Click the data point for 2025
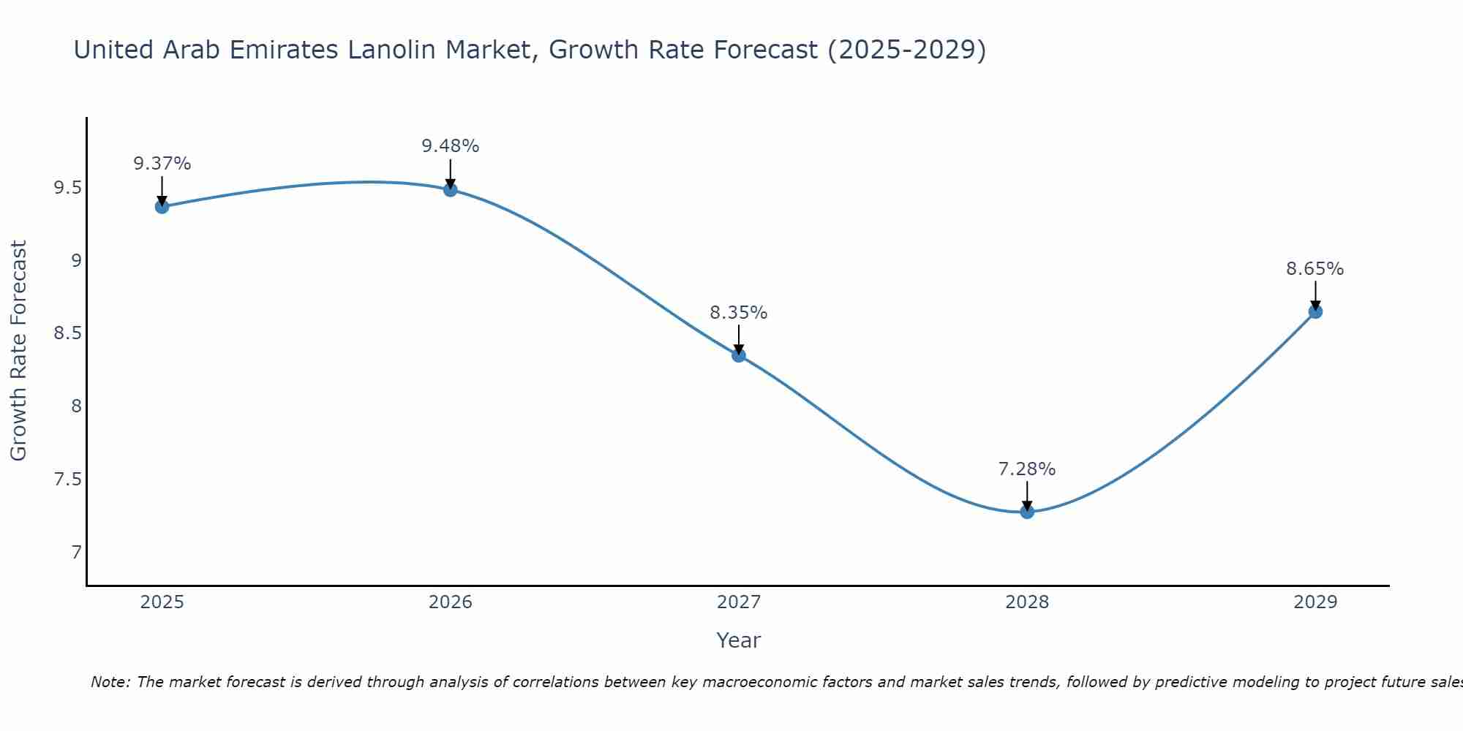pyautogui.click(x=162, y=207)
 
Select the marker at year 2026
pyautogui.click(x=451, y=190)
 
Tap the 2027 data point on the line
pyautogui.click(x=739, y=355)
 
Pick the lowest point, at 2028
pyautogui.click(x=1027, y=512)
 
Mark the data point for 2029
pyautogui.click(x=1315, y=312)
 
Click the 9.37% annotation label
pyautogui.click(x=162, y=164)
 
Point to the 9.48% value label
pyautogui.click(x=451, y=146)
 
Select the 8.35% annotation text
pyautogui.click(x=739, y=313)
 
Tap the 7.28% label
pyautogui.click(x=1027, y=469)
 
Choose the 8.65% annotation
pyautogui.click(x=1315, y=269)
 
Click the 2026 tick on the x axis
pyautogui.click(x=451, y=602)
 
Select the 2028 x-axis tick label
pyautogui.click(x=1027, y=602)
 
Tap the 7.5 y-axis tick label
pyautogui.click(x=67, y=480)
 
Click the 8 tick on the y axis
pyautogui.click(x=76, y=406)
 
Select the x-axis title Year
pyautogui.click(x=739, y=640)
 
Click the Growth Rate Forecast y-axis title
pyautogui.click(x=19, y=351)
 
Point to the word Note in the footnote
pyautogui.click(x=110, y=682)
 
